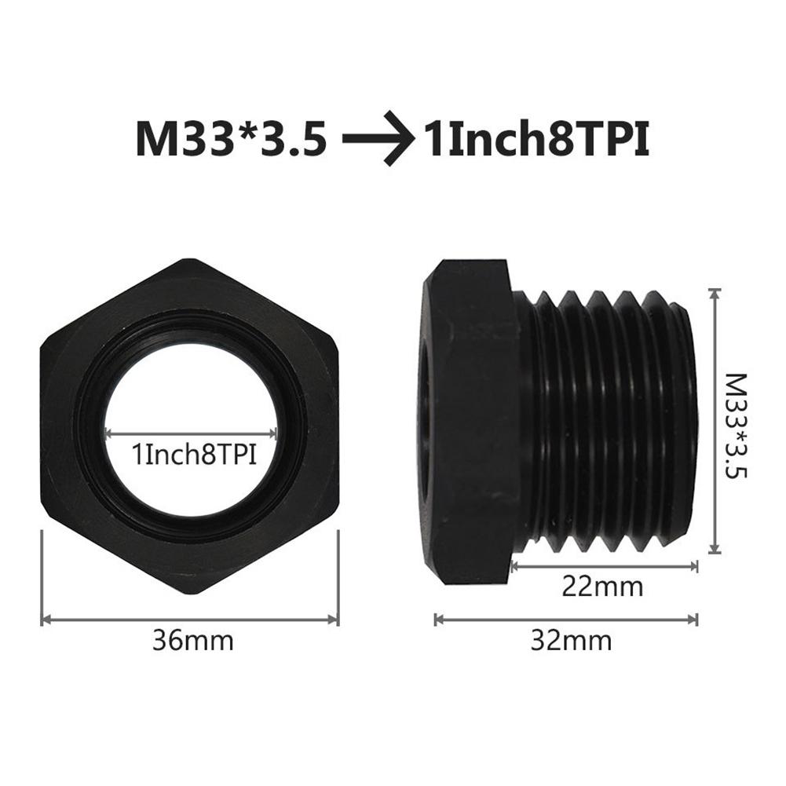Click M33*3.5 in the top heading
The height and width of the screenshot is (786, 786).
(230, 140)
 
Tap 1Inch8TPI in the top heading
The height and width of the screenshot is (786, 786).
(537, 140)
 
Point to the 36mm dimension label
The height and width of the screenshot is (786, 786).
(193, 640)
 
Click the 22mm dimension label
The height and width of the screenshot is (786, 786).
(603, 586)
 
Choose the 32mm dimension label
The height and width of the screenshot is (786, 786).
(571, 640)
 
